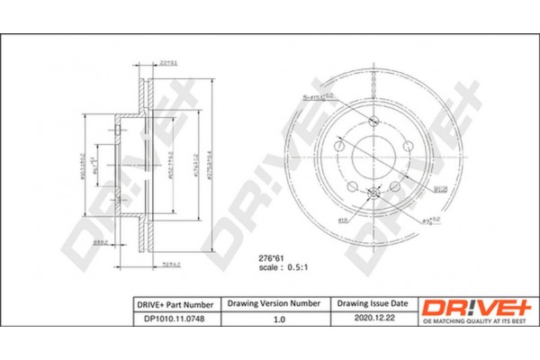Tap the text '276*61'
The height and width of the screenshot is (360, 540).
[259, 257]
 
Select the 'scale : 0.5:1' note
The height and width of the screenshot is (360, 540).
[266, 268]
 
